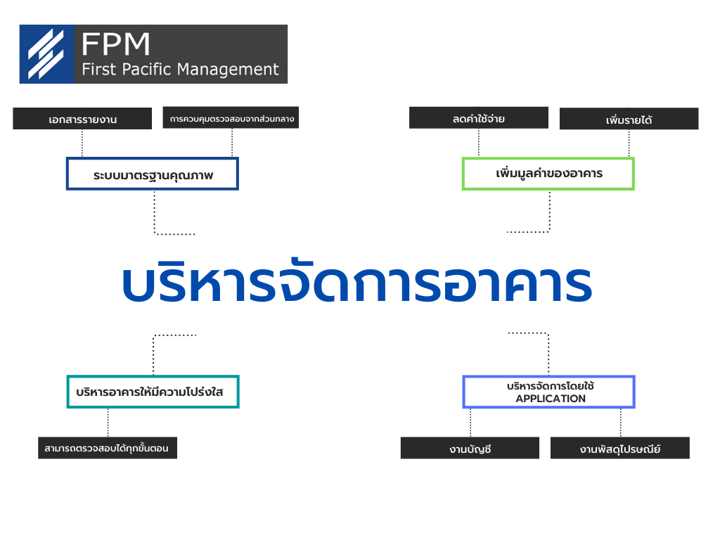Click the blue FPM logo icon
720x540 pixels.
[x=46, y=54]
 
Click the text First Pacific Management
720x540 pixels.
[x=180, y=70]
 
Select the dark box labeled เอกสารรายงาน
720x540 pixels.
[x=82, y=119]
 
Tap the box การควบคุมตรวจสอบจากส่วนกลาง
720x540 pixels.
[x=231, y=118]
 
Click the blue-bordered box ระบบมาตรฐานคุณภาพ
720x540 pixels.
[x=153, y=174]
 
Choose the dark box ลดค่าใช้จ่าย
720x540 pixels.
[x=478, y=118]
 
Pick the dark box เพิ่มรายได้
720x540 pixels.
[x=629, y=120]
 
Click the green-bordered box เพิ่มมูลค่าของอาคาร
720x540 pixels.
[x=548, y=174]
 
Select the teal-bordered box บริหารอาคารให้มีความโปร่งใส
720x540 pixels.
[x=153, y=392]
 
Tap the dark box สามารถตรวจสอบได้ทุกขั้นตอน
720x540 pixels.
[x=108, y=448]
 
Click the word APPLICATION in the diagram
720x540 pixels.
[x=551, y=399]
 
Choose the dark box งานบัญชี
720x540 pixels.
[x=470, y=448]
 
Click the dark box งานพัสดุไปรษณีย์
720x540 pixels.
[x=620, y=448]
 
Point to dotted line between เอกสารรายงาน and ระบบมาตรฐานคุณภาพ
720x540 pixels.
[x=82, y=143]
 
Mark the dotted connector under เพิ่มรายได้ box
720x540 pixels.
[x=629, y=143]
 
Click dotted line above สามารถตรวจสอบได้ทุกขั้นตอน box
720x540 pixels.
[x=108, y=423]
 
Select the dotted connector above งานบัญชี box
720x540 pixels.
[x=470, y=423]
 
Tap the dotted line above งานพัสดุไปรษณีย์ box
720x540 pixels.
[x=620, y=423]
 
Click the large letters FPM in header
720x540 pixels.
[x=115, y=44]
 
